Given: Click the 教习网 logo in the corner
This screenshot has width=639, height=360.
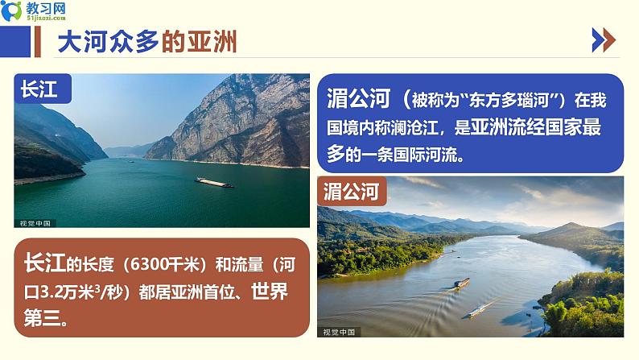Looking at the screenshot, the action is point(34,11).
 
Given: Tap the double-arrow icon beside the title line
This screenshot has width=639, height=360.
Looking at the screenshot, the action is point(604,40).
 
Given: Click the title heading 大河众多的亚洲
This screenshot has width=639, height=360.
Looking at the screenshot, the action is point(147,42).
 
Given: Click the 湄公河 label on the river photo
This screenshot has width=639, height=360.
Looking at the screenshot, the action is point(351,191).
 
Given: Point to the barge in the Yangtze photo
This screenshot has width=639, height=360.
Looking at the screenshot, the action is point(214,182).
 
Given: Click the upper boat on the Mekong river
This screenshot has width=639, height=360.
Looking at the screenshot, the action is point(461,283).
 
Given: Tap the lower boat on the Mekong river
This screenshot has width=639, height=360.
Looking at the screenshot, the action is point(480,311).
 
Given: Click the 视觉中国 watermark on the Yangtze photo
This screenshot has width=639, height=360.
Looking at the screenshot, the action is point(35,223).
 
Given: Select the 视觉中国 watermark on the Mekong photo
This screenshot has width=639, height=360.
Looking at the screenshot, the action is point(339,332).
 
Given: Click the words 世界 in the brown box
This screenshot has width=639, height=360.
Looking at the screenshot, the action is point(270,291).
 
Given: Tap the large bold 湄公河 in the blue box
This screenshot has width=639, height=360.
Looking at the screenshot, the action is point(359,98).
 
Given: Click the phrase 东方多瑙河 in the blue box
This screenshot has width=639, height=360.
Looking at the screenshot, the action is point(509,100).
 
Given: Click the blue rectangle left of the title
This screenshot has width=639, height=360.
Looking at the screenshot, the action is point(15,42).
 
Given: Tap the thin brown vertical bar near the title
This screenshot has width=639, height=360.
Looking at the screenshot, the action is point(38,42).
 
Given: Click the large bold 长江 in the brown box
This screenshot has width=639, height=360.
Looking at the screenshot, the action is point(45,263).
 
